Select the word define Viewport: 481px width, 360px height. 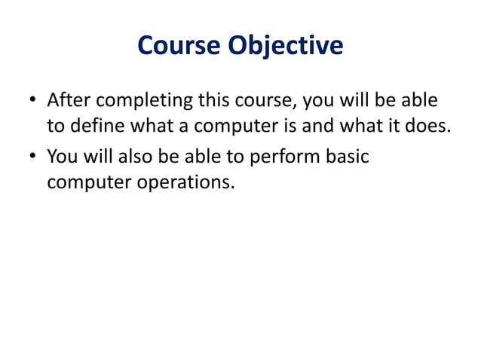(x=93, y=125)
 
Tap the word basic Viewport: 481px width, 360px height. (x=348, y=157)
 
